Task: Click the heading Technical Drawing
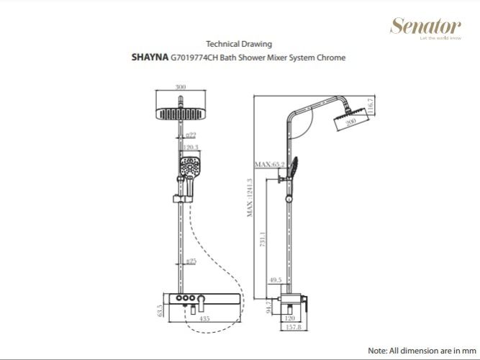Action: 239,44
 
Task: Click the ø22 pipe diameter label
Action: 191,135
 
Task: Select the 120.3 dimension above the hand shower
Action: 190,148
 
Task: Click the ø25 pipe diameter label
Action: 191,261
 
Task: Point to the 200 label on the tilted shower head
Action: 350,123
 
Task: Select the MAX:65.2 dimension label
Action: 268,165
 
